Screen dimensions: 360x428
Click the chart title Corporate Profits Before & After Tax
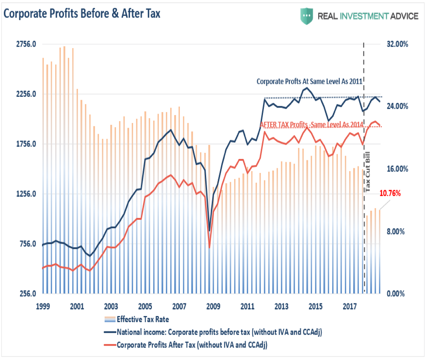coord(82,14)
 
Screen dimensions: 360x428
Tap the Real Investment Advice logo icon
coord(306,16)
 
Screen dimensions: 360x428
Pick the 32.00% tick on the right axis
coord(397,44)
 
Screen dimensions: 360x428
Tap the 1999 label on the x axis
coord(43,307)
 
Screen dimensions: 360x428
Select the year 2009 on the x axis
coord(213,307)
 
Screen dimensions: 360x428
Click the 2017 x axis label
coord(350,307)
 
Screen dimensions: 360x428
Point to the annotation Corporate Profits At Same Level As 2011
coord(309,81)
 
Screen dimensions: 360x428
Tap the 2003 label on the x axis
coord(111,307)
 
